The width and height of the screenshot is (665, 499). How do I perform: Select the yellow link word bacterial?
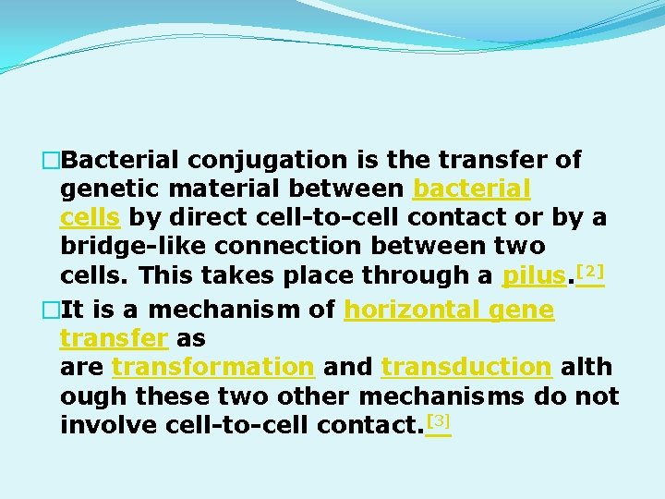472,189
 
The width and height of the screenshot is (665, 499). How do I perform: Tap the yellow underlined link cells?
91,218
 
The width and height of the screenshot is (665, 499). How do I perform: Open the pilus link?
533,275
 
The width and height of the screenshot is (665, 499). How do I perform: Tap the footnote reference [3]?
439,422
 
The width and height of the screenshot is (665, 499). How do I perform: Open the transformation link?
212,367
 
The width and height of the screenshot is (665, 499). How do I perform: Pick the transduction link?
466,367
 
